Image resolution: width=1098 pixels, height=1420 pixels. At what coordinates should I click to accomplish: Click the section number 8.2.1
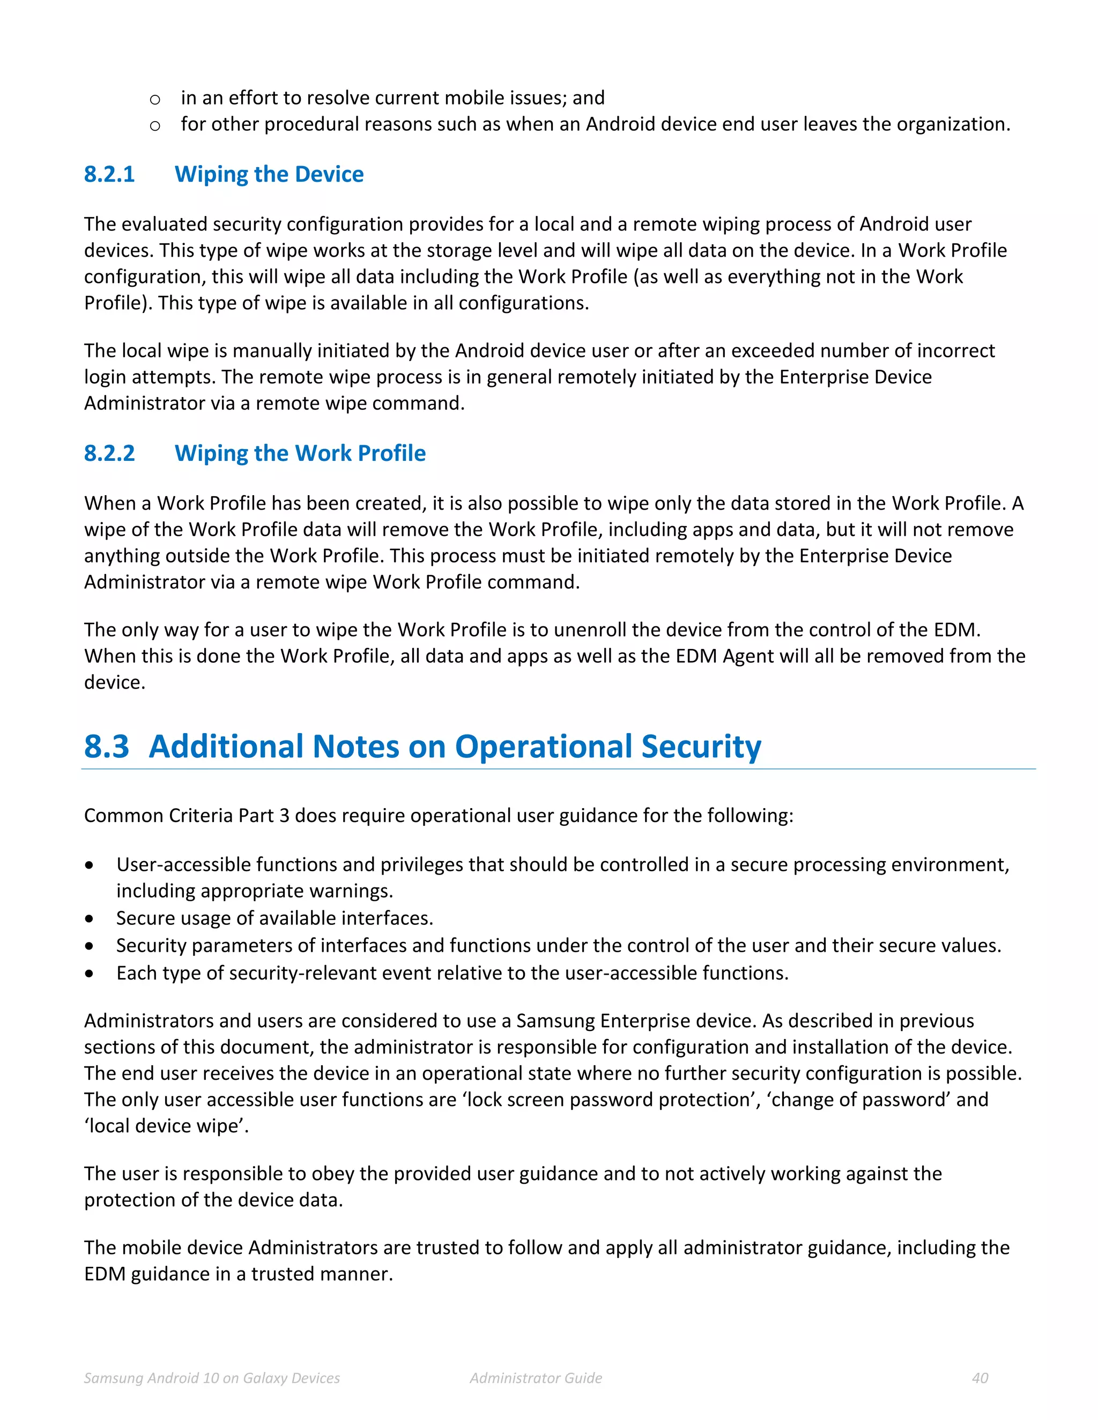click(x=109, y=174)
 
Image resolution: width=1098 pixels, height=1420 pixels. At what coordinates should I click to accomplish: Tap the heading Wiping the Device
click(x=269, y=174)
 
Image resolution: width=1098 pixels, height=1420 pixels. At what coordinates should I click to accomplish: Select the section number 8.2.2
click(x=109, y=453)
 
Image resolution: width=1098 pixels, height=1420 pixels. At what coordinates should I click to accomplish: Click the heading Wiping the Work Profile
click(x=300, y=453)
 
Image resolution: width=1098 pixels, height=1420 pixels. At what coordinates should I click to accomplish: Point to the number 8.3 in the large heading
click(x=107, y=746)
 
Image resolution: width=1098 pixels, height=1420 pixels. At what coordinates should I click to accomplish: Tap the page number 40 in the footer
click(x=980, y=1378)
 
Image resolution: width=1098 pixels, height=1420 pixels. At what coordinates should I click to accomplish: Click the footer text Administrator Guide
click(x=536, y=1378)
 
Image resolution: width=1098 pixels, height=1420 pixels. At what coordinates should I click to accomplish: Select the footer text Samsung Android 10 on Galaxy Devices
click(x=212, y=1378)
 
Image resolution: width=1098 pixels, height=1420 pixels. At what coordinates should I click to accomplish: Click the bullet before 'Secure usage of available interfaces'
click(x=89, y=918)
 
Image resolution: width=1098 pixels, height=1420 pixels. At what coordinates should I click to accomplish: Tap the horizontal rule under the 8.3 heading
click(x=558, y=769)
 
